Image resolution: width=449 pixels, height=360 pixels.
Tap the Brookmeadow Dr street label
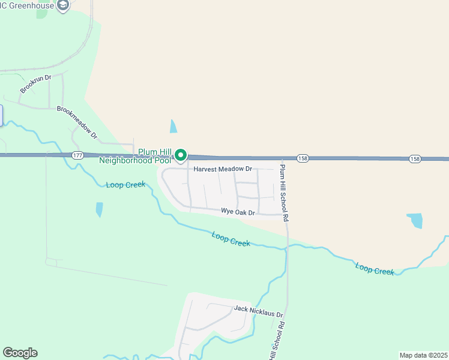(x=77, y=122)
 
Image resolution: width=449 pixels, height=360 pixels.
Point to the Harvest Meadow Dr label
(x=222, y=170)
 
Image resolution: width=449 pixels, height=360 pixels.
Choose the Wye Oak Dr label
(x=238, y=212)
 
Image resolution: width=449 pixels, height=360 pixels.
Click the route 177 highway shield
(x=77, y=155)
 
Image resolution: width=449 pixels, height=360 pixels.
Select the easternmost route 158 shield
(x=415, y=159)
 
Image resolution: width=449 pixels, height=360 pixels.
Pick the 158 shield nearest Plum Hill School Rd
(x=303, y=158)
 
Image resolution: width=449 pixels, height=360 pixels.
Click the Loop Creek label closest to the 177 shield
(x=125, y=185)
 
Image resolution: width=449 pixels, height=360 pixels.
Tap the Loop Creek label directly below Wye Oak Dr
(x=231, y=239)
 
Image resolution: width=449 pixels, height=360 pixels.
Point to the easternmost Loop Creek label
(x=375, y=268)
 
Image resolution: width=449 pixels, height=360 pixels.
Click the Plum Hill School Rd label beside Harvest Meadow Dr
(x=285, y=192)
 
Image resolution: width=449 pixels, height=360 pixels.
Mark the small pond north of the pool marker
(x=173, y=126)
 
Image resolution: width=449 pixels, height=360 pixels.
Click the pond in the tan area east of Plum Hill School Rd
(x=415, y=220)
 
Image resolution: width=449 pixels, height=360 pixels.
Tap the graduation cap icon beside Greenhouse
(x=63, y=5)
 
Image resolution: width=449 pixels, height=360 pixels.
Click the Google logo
(x=20, y=353)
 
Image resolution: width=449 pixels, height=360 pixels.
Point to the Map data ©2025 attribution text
(x=423, y=355)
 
